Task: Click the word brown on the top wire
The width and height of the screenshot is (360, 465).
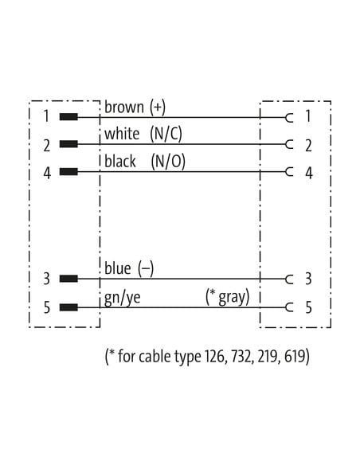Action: (x=124, y=107)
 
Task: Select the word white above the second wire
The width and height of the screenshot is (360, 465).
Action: (x=122, y=134)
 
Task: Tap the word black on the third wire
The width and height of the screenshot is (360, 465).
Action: (x=120, y=162)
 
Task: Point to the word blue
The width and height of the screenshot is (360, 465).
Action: (x=117, y=268)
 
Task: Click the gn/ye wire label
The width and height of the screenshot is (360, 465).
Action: (x=122, y=298)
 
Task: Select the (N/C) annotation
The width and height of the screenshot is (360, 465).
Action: (x=166, y=134)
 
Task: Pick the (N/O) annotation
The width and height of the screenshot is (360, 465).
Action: (x=168, y=162)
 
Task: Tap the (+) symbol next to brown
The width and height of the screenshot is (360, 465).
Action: (x=158, y=107)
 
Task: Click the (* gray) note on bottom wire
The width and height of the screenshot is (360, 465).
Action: (x=228, y=296)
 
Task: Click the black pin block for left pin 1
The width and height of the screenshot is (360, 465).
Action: (x=68, y=117)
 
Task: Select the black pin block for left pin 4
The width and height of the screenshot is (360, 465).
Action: (x=68, y=171)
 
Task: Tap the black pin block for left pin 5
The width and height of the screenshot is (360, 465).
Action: (x=68, y=307)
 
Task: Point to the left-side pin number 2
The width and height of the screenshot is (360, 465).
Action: (x=47, y=146)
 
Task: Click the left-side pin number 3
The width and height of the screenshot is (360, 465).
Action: (x=47, y=279)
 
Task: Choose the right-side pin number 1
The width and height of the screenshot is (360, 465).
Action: (x=308, y=115)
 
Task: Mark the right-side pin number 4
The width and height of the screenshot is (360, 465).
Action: (x=309, y=174)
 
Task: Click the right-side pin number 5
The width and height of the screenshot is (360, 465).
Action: (x=309, y=307)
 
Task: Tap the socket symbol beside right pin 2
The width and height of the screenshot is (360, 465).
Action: (x=289, y=144)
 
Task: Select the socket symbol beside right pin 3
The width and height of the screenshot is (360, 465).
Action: (x=289, y=279)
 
